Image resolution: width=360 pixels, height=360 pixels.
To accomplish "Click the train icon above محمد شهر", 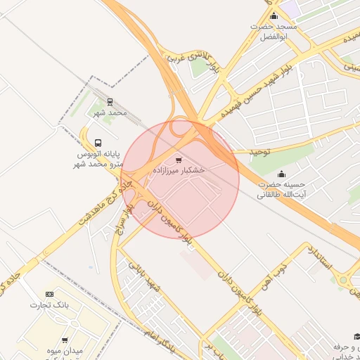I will (x=110, y=102).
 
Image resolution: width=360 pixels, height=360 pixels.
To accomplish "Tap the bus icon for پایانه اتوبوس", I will (x=98, y=140).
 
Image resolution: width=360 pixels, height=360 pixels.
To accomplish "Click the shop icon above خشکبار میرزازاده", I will (x=178, y=160).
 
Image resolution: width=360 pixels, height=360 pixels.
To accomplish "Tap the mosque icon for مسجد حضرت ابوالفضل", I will (x=274, y=15).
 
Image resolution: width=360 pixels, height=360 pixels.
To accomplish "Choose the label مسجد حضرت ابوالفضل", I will (x=274, y=31).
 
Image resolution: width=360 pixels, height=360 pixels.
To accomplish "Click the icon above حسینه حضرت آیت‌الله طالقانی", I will (x=283, y=174).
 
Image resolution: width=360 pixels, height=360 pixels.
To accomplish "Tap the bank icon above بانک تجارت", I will (x=49, y=294).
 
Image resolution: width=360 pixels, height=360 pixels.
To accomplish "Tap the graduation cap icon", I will (x=356, y=337).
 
